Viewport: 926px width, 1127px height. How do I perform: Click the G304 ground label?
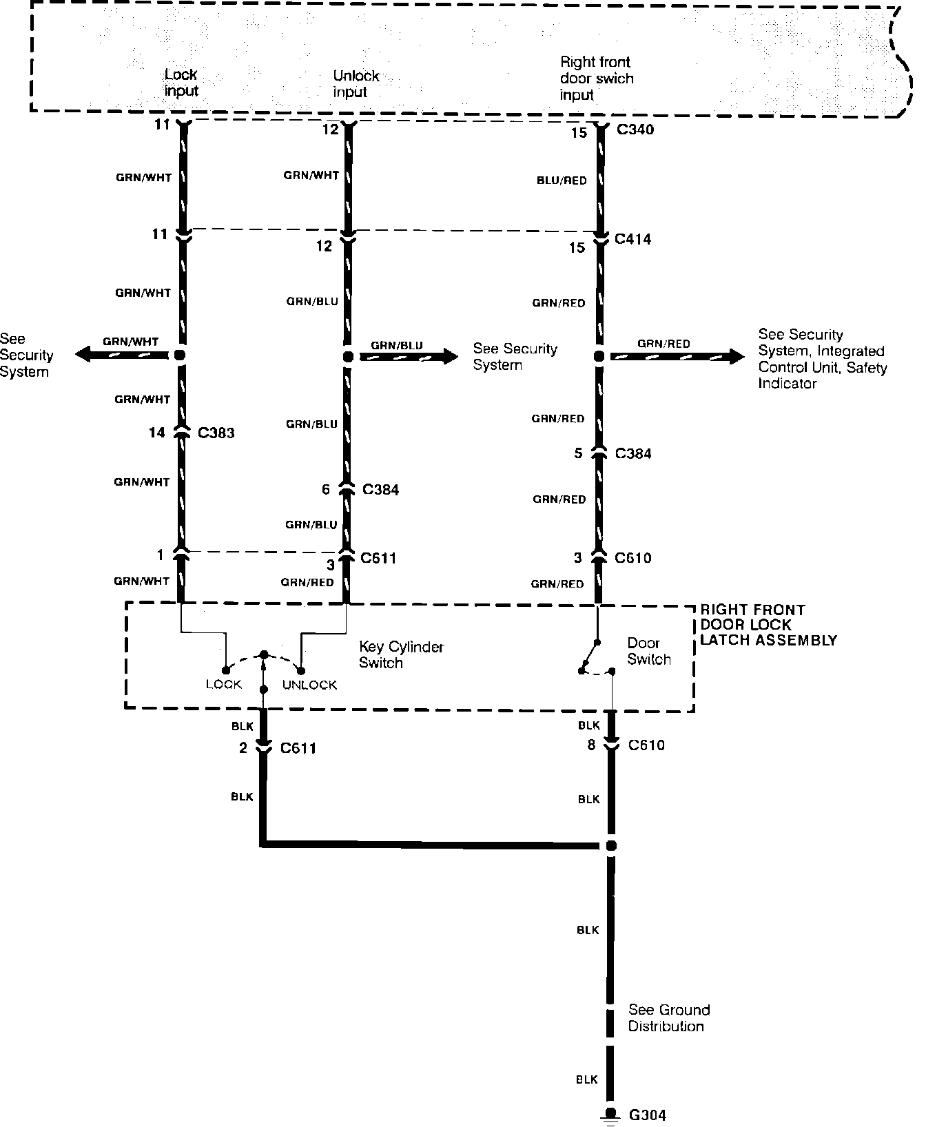[647, 1115]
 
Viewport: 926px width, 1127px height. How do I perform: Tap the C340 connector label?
[635, 130]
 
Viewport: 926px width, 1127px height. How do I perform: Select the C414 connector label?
[632, 239]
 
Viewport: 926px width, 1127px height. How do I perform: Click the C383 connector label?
[216, 433]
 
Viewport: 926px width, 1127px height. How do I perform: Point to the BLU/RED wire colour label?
[562, 180]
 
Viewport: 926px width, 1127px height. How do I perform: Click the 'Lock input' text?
[181, 83]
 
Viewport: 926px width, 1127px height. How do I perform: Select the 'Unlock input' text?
[356, 84]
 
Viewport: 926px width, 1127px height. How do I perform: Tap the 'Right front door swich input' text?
[596, 79]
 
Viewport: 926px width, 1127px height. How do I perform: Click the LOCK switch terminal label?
[224, 685]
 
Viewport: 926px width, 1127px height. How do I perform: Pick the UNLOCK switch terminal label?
[309, 685]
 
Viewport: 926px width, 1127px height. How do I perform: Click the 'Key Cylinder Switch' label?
[401, 655]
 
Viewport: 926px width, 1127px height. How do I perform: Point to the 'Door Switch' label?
[648, 651]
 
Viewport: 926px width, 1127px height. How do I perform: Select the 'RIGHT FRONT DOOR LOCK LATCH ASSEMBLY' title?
[768, 625]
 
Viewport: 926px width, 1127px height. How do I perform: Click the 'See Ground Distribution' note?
[668, 1018]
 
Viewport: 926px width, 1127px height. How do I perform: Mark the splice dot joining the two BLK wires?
[610, 845]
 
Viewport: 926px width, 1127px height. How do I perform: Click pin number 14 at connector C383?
[157, 433]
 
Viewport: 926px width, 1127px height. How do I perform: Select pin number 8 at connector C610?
[591, 745]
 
